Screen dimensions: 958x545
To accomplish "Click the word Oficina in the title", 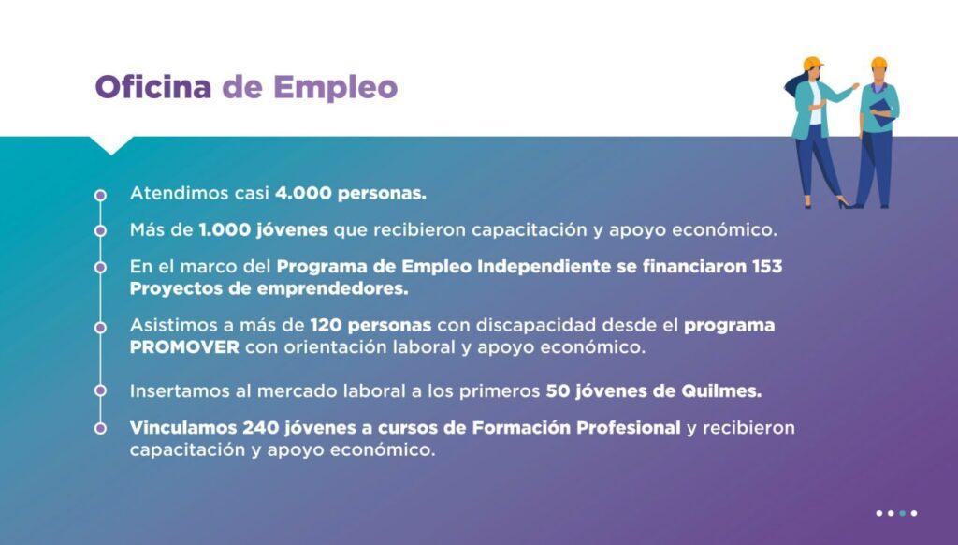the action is (153, 86).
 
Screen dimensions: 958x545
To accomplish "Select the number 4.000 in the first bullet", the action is (303, 193).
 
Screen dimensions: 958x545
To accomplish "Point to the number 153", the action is (767, 267).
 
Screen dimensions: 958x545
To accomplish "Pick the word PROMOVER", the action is (184, 347).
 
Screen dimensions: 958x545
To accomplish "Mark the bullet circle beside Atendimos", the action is (100, 195).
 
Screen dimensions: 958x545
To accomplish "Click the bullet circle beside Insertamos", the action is (100, 390).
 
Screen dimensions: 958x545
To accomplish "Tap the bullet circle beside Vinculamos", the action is (100, 428).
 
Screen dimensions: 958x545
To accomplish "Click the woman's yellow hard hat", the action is (813, 63).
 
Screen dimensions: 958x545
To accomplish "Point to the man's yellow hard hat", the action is (878, 63).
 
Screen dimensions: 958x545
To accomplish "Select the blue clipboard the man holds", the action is (881, 112).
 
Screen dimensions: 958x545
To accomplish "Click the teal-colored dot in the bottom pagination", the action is (903, 513).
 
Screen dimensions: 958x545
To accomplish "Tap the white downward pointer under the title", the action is (112, 145).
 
